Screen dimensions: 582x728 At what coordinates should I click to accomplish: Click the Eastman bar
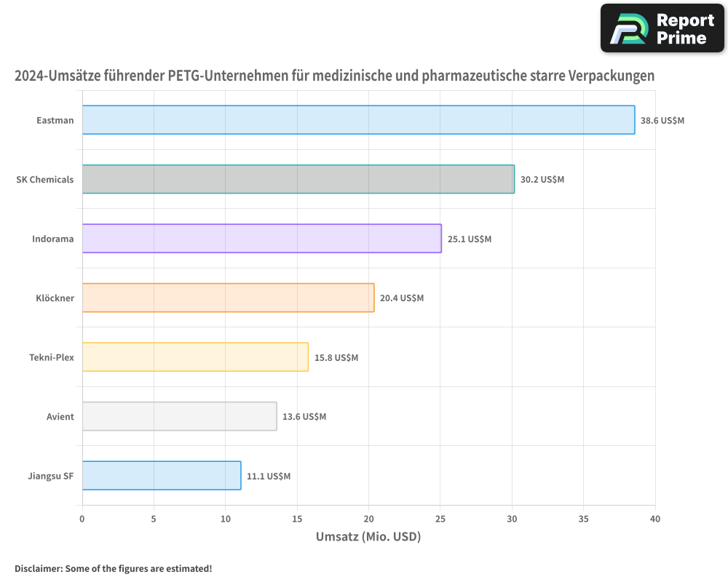[358, 120]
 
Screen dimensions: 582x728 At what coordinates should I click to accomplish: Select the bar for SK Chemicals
[298, 179]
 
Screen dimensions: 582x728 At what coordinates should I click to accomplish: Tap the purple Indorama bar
[261, 239]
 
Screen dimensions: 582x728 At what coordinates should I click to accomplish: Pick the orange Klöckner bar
[228, 298]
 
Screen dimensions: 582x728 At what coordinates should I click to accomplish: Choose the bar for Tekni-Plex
[195, 357]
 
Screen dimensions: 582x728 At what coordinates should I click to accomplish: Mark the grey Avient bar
[179, 416]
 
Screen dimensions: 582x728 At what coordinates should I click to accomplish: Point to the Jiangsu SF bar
[161, 476]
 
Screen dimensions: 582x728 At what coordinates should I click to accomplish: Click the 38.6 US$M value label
[662, 120]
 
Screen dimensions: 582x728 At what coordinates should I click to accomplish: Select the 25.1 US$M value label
[470, 239]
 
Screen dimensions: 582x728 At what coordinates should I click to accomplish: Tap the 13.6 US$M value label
[304, 416]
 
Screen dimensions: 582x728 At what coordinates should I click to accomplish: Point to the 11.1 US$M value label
[269, 476]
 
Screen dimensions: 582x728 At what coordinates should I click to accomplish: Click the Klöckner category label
[55, 298]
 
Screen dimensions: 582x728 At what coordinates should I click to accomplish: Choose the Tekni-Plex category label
[52, 357]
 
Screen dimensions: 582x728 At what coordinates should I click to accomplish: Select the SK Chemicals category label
[45, 179]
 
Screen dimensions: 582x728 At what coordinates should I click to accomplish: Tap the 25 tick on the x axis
[440, 519]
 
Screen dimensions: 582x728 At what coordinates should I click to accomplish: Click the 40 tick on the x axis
[655, 519]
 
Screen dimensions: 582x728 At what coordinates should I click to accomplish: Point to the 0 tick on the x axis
[82, 519]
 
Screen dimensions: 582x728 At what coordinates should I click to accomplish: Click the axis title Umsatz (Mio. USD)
[368, 537]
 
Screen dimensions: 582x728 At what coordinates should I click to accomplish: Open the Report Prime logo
[662, 28]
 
